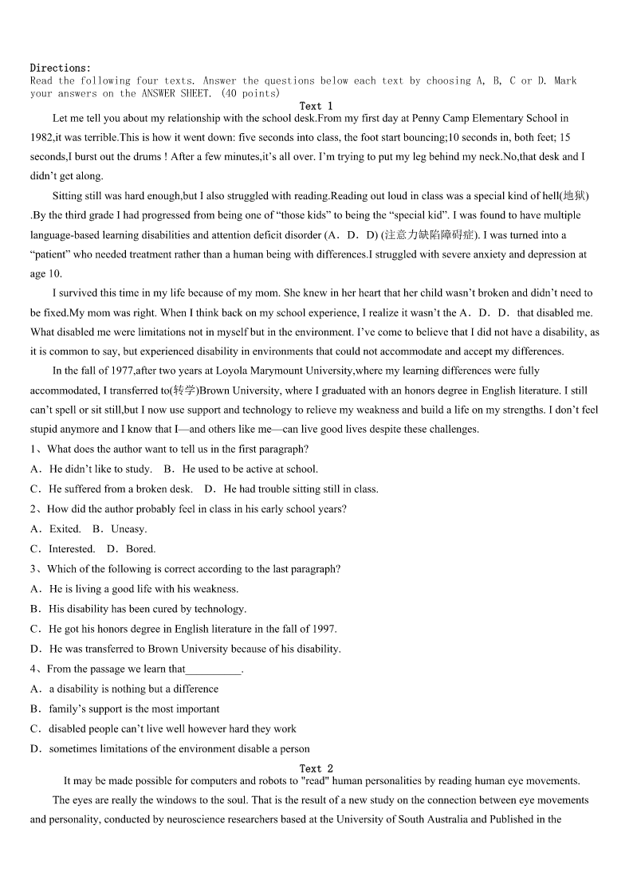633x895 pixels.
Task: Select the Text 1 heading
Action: pos(316,106)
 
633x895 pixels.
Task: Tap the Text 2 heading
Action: pos(316,769)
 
